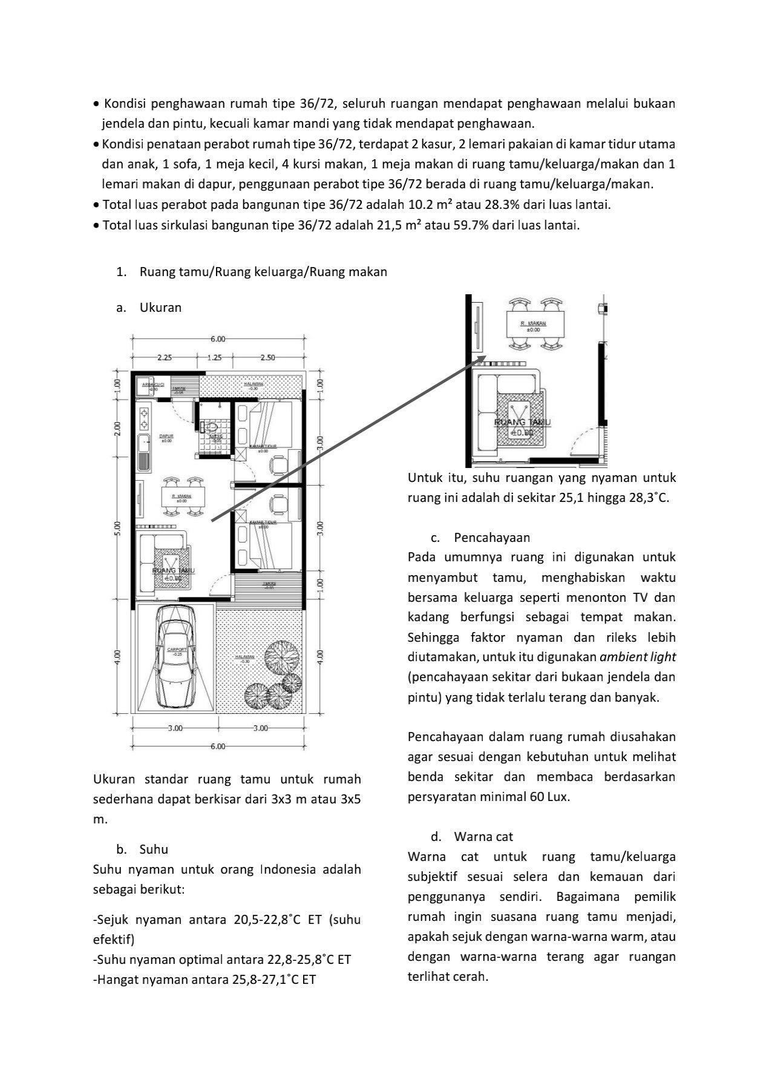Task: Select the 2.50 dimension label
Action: [267, 357]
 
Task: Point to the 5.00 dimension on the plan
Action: [118, 528]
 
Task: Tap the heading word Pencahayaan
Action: [492, 537]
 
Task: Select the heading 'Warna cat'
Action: [483, 836]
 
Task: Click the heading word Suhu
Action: [154, 849]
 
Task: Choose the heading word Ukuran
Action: [160, 307]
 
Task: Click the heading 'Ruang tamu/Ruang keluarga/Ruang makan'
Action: [263, 272]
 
